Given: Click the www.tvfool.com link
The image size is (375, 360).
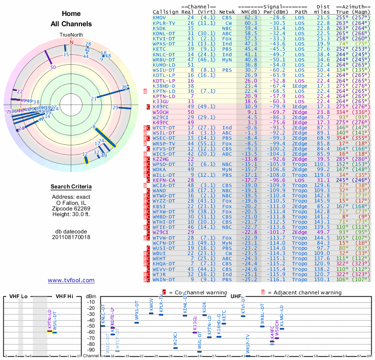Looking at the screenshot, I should click(71, 280).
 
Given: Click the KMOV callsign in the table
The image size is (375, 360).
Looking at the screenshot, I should click(159, 17).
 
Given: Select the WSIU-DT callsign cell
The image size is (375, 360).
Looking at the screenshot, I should click(163, 70).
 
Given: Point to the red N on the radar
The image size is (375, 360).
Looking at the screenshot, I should click(72, 42).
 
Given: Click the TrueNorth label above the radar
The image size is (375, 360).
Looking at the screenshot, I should click(71, 35).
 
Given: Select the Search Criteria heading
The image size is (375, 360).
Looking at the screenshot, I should click(71, 187).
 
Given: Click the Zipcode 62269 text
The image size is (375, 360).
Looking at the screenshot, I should click(71, 208).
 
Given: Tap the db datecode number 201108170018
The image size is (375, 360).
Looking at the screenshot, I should click(71, 237).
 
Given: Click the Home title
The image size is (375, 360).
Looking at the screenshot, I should click(71, 14).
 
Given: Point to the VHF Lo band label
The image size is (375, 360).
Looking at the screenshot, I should click(16, 296).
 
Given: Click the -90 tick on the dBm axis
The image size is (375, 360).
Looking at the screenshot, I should click(91, 350).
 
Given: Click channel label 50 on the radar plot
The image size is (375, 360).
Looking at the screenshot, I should click(53, 67).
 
